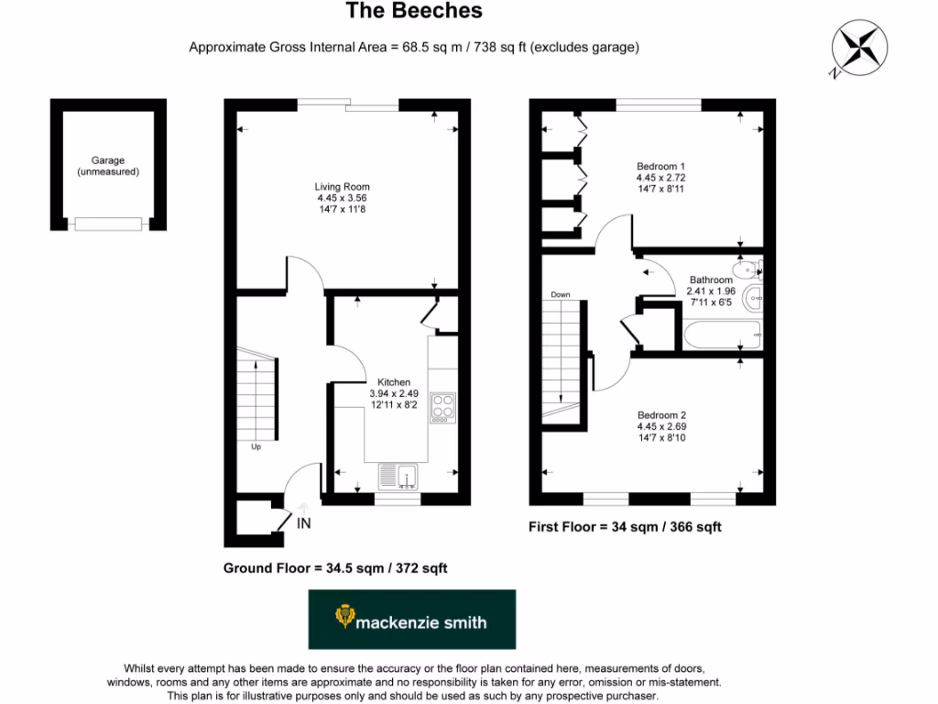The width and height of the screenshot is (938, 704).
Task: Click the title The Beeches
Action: coord(413,12)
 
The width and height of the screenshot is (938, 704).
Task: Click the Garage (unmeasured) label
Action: coord(108,166)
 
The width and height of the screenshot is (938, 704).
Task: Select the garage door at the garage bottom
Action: coord(109,223)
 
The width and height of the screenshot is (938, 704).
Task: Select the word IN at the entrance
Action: coord(304,523)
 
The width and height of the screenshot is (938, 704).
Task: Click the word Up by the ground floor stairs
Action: coord(256,448)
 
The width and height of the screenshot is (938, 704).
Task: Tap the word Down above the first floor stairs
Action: coord(561,295)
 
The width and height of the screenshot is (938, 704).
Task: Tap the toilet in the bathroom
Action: coord(751,268)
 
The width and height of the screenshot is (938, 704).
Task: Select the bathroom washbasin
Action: coord(754,296)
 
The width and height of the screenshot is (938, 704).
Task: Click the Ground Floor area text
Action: coord(335,568)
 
